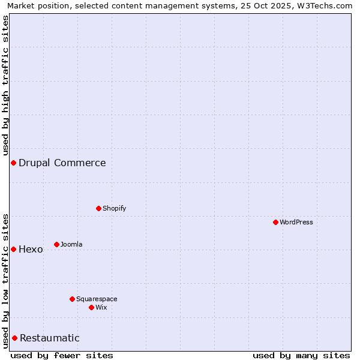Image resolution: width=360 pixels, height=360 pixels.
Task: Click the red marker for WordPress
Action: click(275, 222)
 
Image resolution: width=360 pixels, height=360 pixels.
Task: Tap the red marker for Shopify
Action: click(98, 208)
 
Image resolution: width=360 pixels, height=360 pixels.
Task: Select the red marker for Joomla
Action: click(56, 244)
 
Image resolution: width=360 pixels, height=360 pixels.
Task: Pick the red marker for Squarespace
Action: click(72, 299)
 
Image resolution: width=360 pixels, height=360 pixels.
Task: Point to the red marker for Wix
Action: click(91, 307)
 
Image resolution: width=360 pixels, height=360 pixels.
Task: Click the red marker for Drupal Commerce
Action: click(13, 163)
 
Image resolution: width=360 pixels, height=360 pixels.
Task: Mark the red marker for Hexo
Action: click(13, 249)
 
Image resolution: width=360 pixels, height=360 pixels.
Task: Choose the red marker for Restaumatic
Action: click(14, 338)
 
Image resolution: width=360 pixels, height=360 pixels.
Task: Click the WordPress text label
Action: click(296, 222)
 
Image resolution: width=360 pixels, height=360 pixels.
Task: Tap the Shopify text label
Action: click(114, 208)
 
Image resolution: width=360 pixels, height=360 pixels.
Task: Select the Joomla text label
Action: click(71, 244)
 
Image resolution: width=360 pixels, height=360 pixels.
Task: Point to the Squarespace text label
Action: click(97, 299)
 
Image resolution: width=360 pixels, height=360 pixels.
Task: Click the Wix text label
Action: click(101, 307)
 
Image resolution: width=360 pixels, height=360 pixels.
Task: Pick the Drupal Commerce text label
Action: click(62, 163)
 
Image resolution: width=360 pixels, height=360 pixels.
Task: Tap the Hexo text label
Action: click(31, 249)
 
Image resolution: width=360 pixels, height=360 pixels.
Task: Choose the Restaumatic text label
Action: click(50, 338)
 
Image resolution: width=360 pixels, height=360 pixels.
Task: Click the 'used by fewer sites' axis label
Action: click(62, 355)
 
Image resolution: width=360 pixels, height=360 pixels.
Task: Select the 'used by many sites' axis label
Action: click(301, 355)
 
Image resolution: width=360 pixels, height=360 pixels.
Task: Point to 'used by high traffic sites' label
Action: click(5, 86)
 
